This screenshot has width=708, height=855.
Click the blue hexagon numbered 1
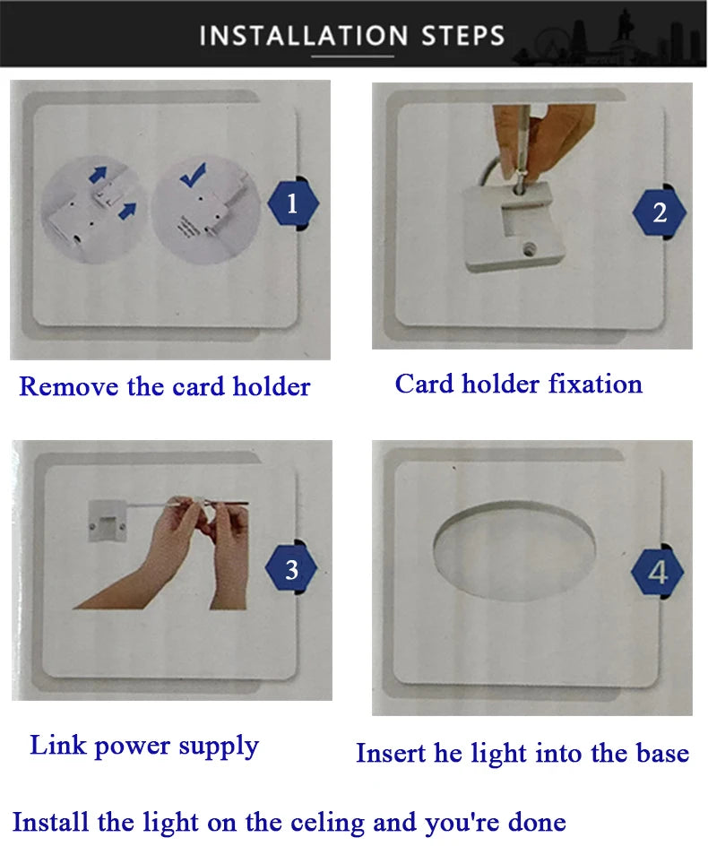[x=293, y=203]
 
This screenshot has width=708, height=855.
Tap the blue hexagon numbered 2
[x=659, y=212]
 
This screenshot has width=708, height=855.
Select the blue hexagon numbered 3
[x=291, y=569]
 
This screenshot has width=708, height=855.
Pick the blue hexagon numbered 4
[x=657, y=572]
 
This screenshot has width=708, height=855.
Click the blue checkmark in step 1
[x=193, y=175]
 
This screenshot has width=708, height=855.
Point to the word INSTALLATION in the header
[x=304, y=36]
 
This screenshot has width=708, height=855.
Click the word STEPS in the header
[x=462, y=36]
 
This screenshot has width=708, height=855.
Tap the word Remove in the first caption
[x=68, y=386]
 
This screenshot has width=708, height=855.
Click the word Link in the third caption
[x=58, y=745]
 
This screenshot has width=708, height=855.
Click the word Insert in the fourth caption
[x=391, y=753]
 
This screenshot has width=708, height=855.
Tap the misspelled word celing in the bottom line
[x=327, y=823]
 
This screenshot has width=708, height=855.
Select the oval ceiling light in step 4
[x=514, y=551]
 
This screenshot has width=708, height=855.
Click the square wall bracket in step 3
[x=108, y=522]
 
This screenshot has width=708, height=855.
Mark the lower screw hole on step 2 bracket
[x=529, y=250]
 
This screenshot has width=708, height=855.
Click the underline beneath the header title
[x=352, y=56]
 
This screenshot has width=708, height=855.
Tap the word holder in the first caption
[x=272, y=386]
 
